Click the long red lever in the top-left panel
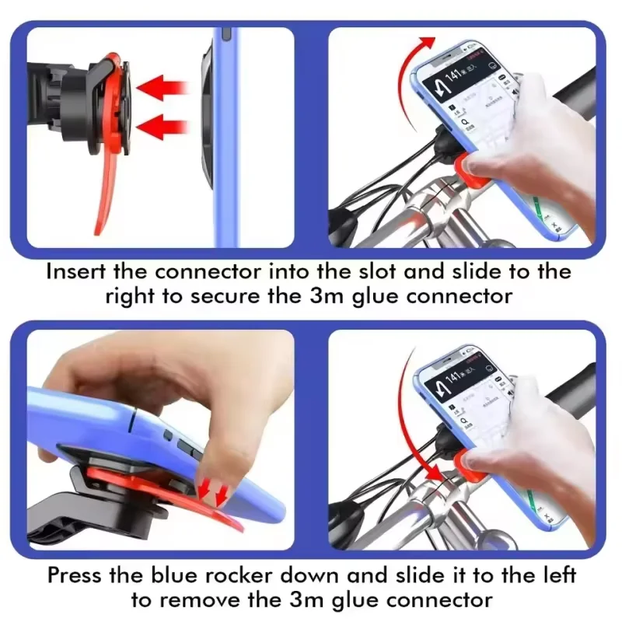[x=107, y=194]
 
